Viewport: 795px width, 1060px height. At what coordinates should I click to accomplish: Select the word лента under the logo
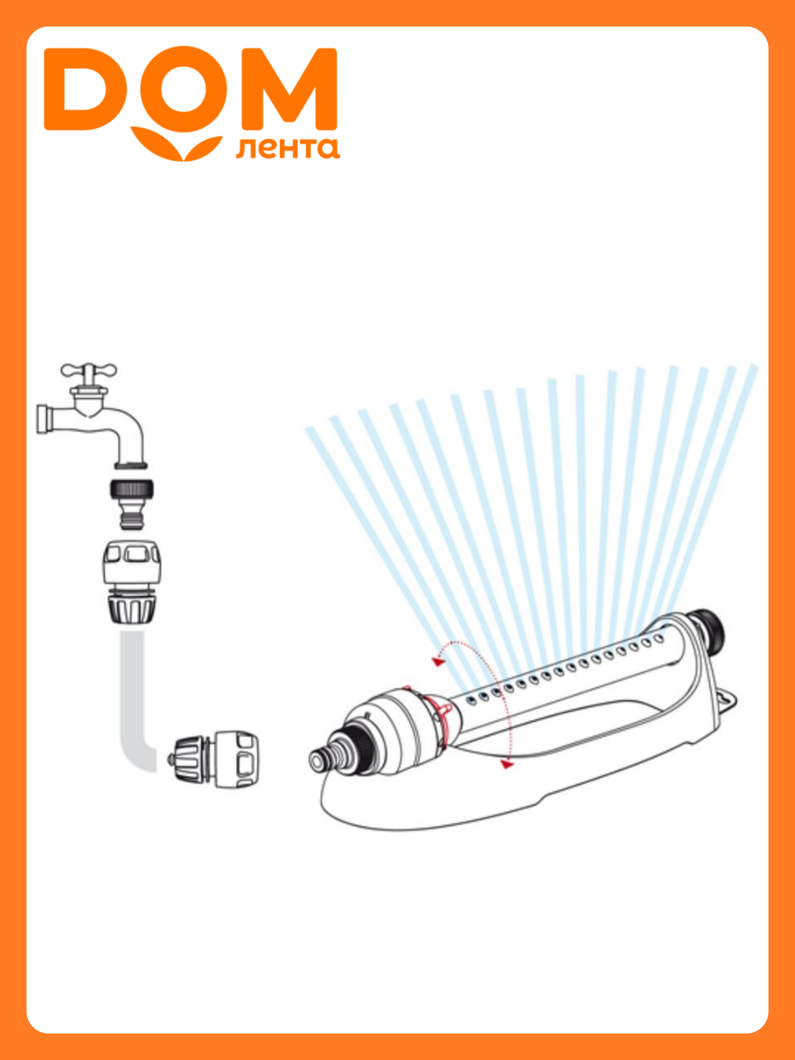coord(288,148)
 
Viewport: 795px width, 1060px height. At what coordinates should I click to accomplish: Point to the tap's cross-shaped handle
coord(89,371)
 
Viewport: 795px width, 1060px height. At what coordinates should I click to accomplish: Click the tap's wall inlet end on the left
coord(43,419)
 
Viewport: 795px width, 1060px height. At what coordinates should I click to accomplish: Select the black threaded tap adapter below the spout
coord(131,503)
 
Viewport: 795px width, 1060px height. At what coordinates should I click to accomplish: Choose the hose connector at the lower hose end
coord(215,759)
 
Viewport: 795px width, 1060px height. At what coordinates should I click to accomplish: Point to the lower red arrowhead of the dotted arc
coord(508,764)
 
